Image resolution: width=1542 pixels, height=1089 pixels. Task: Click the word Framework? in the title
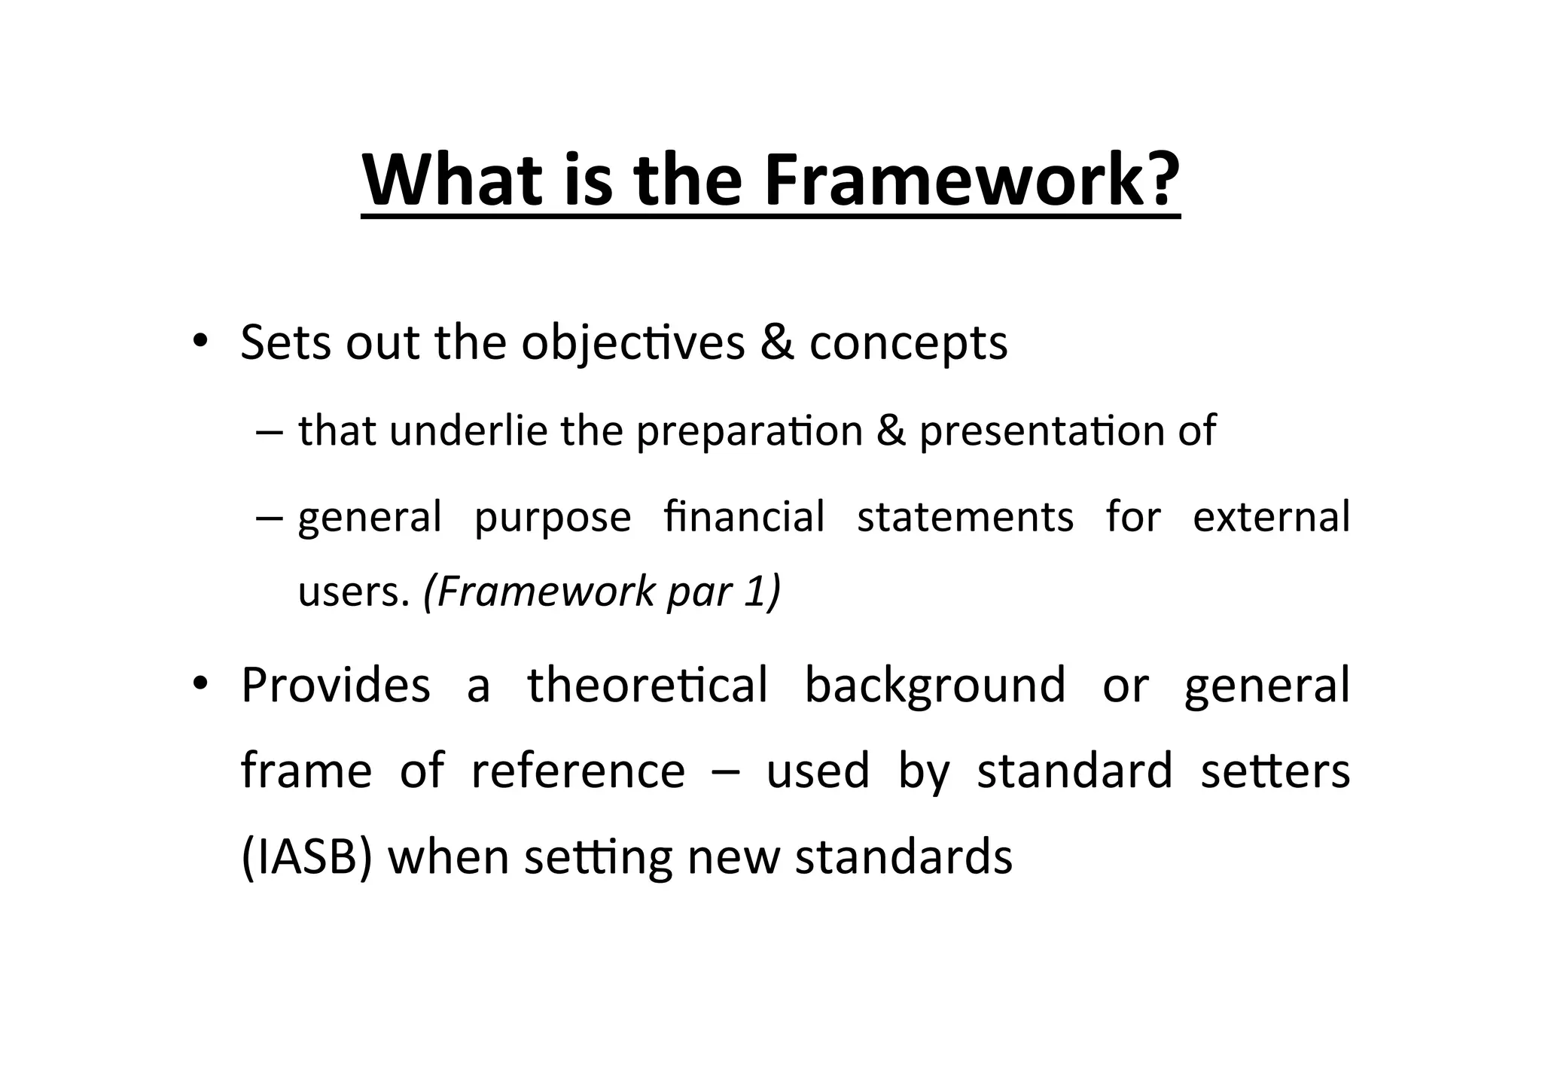(971, 181)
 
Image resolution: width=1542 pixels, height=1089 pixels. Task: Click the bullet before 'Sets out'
(199, 342)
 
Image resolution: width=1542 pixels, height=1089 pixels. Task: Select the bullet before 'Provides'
(199, 684)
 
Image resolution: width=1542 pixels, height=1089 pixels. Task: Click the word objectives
(632, 343)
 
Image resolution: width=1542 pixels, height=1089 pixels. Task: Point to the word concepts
(908, 345)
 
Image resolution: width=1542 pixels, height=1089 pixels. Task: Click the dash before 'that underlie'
(269, 432)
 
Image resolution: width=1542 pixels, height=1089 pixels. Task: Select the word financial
(745, 517)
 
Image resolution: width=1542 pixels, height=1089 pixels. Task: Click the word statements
(965, 518)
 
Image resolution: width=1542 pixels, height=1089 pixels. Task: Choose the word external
(1272, 517)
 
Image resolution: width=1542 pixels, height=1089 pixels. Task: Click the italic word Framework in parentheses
(539, 592)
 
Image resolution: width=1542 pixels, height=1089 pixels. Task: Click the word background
(935, 686)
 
